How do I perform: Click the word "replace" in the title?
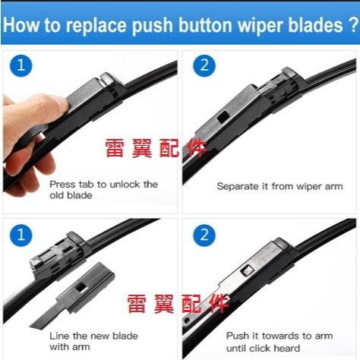click(x=96, y=25)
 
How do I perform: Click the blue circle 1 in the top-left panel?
click(x=21, y=65)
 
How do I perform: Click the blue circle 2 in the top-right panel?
click(x=204, y=65)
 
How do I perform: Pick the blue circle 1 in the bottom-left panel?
click(x=21, y=235)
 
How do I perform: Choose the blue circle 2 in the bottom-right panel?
click(x=204, y=235)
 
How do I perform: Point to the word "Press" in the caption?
click(x=62, y=185)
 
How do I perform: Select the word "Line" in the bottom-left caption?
click(x=59, y=336)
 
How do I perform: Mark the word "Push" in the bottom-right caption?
click(x=238, y=336)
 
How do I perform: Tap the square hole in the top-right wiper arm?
click(x=223, y=117)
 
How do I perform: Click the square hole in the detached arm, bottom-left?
click(x=81, y=286)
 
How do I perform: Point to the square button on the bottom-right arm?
click(x=247, y=271)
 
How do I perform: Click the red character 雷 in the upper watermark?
click(x=115, y=148)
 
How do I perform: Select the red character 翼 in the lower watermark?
click(x=164, y=304)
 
